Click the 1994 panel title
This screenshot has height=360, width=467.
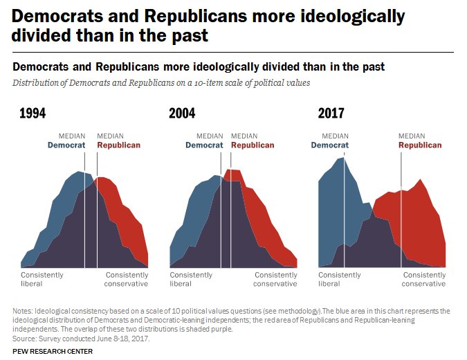point(33,114)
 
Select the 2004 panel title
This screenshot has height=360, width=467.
point(182,114)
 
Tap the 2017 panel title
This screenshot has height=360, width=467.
point(331,114)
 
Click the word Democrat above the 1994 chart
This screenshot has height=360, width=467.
point(66,145)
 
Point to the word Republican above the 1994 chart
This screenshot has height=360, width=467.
point(118,145)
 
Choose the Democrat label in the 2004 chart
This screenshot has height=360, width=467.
point(205,145)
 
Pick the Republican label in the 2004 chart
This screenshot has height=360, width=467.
point(253,145)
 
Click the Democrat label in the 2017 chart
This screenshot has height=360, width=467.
point(330,145)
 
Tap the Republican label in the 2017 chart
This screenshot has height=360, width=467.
point(420,145)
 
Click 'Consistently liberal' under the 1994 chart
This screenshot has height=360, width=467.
point(42,279)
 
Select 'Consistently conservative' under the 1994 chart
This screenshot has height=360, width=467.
point(127,279)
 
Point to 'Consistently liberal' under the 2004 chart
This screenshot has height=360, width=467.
point(191,279)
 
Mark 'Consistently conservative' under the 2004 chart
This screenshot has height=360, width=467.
point(275,279)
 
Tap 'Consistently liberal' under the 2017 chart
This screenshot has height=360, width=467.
point(339,279)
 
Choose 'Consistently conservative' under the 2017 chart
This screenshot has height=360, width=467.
point(424,279)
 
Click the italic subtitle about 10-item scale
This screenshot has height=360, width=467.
point(161,82)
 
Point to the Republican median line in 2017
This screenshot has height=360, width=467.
point(402,208)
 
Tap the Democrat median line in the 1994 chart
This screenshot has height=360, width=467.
point(84,208)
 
